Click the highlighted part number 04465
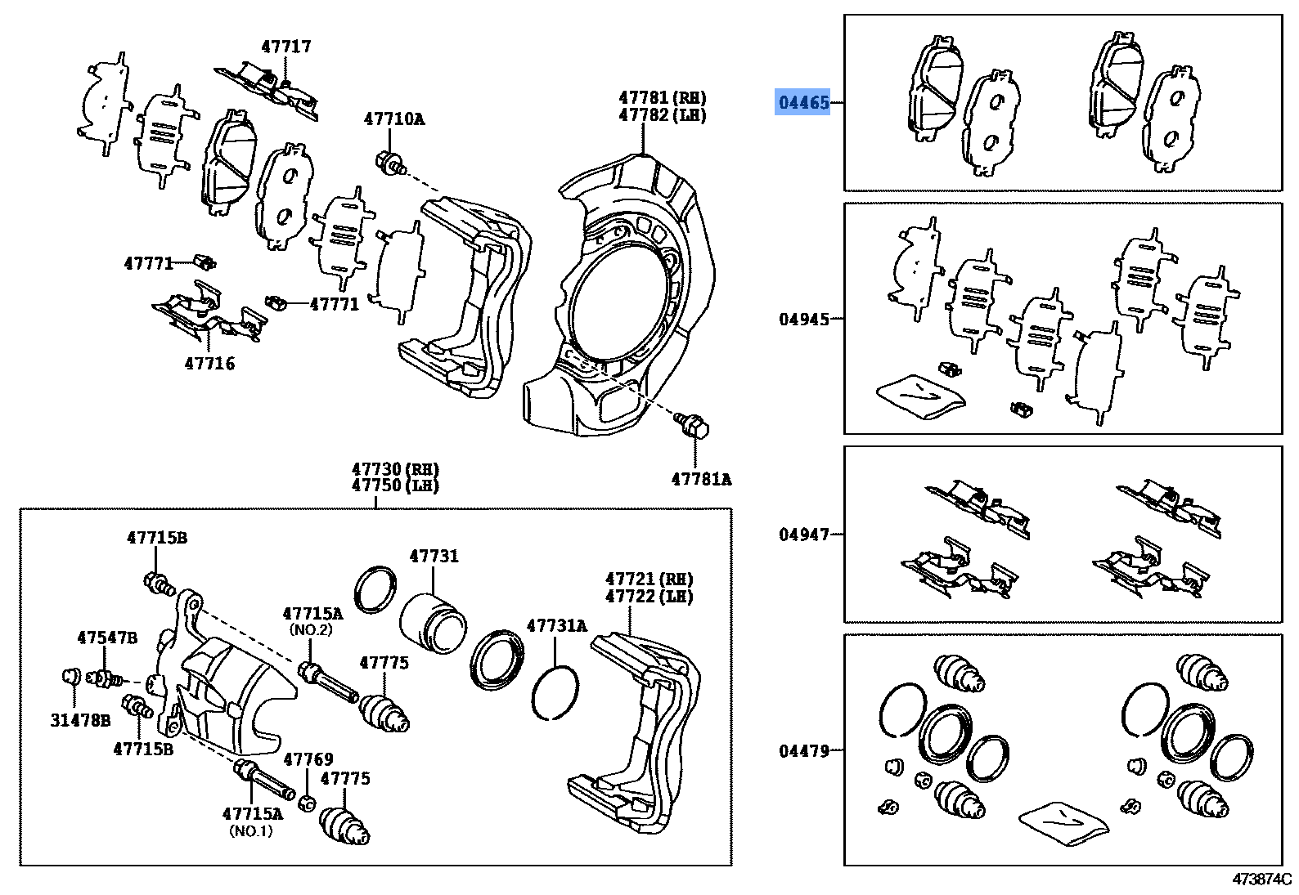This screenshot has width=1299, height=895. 803,102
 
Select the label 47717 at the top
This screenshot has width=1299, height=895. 286,47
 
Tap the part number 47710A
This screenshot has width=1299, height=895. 394,119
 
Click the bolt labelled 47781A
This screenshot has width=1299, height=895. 692,426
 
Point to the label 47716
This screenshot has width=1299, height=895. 209,364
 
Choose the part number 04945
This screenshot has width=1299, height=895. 803,320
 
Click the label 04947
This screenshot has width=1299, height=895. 803,535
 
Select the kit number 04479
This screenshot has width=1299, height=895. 803,750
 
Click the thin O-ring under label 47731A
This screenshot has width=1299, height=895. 555,692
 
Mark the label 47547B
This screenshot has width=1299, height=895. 107,638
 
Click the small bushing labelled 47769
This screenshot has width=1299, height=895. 308,802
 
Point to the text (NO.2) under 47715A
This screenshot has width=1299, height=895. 311,630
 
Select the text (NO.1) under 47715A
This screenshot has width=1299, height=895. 251,831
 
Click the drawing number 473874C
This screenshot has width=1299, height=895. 1261,879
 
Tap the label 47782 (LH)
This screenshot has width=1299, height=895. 662,115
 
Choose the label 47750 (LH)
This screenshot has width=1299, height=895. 395,486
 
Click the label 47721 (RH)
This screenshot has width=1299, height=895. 649,579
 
